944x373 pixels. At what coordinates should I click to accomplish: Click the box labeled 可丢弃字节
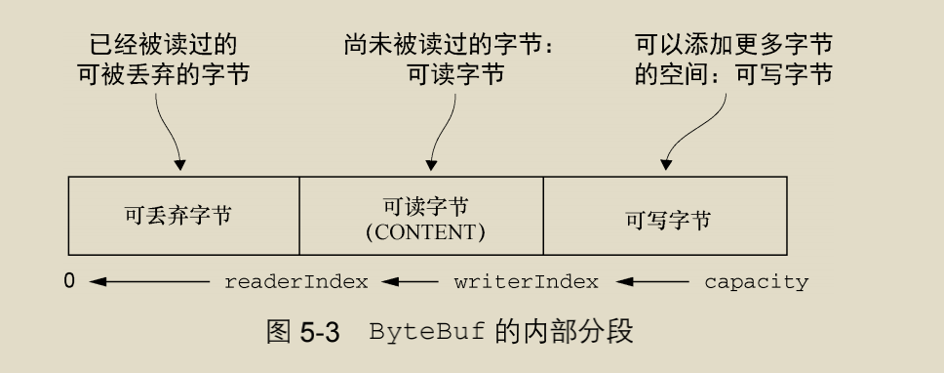pyautogui.click(x=182, y=216)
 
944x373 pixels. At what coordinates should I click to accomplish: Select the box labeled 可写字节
pyautogui.click(x=664, y=217)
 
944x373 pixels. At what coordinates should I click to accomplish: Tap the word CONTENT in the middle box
pyautogui.click(x=424, y=234)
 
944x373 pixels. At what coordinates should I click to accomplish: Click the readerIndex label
pyautogui.click(x=295, y=283)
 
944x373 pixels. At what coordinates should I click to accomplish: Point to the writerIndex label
pyautogui.click(x=526, y=283)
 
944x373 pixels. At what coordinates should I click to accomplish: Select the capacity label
pyautogui.click(x=756, y=283)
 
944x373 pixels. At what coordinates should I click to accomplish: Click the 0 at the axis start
pyautogui.click(x=69, y=282)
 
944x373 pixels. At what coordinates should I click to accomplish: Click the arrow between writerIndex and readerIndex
pyautogui.click(x=410, y=283)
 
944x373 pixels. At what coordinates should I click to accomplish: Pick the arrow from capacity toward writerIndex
pyautogui.click(x=650, y=283)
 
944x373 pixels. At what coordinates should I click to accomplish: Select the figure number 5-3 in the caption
pyautogui.click(x=318, y=332)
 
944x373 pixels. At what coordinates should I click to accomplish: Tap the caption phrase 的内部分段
pyautogui.click(x=566, y=332)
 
